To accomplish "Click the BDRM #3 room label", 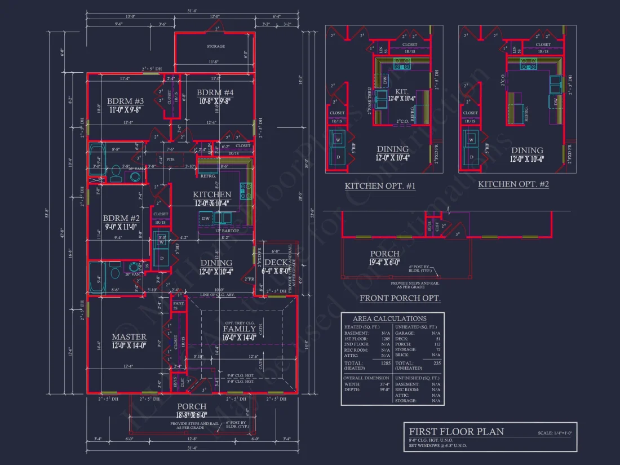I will pos(125,101).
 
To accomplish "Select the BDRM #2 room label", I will pos(121,219).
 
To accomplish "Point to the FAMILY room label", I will pos(239,329).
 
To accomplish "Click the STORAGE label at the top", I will pos(215,46).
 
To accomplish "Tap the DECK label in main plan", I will pos(276,262).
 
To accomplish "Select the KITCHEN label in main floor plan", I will pos(212,194).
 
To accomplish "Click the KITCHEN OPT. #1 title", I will pos(380,186).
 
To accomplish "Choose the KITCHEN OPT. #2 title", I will pos(513,184).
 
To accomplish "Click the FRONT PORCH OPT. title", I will pos(400,298).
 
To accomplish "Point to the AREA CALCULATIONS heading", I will pos(389,319).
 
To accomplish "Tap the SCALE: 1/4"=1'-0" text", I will pos(555,433).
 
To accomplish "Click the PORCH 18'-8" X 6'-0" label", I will pos(192,406).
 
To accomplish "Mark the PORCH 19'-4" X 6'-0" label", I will pos(385,254).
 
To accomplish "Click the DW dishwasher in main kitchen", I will pos(205,218).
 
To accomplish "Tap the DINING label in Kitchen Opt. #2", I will pos(528,150).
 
